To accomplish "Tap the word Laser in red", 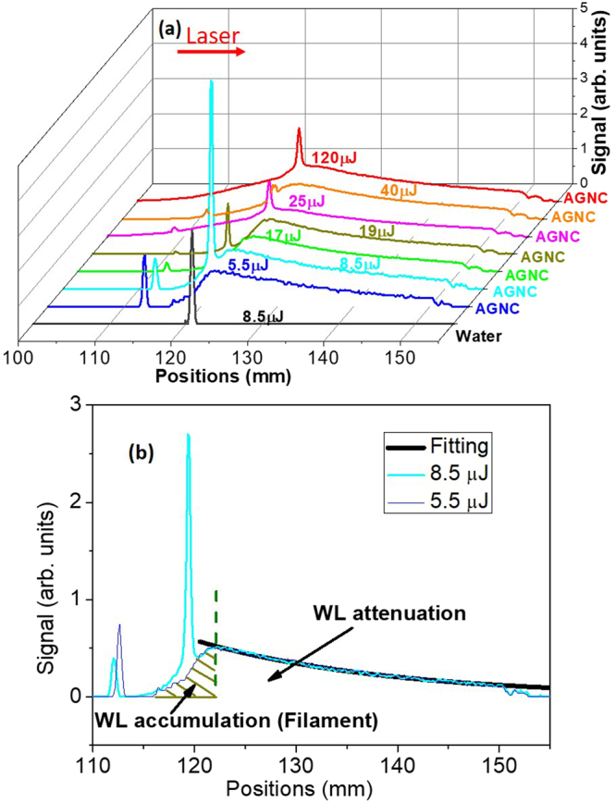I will tap(214, 34).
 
